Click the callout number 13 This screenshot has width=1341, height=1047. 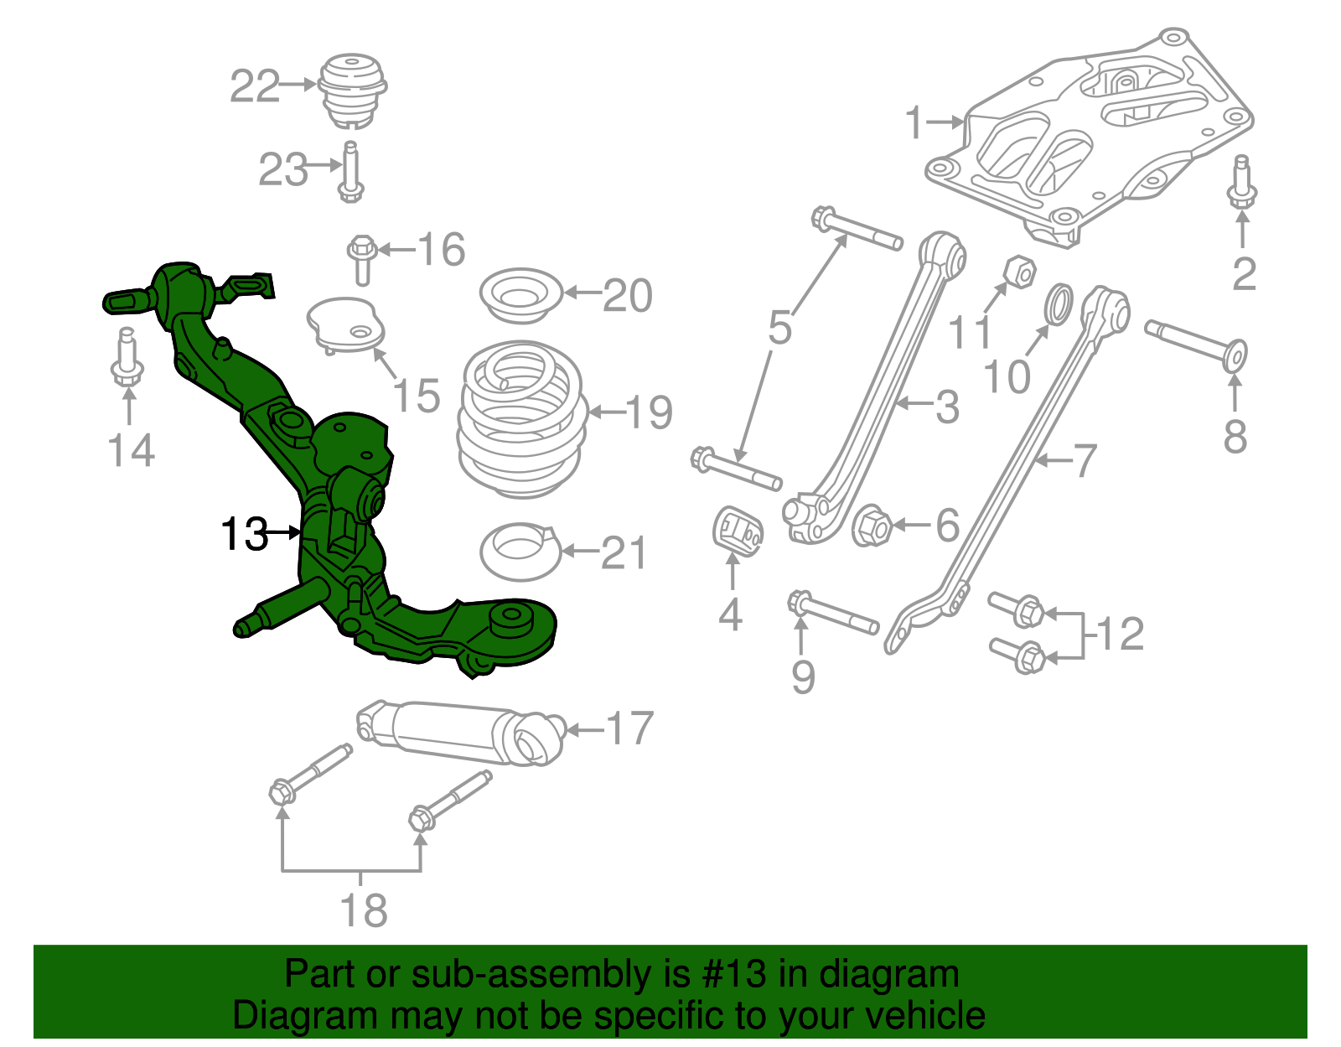coord(243,534)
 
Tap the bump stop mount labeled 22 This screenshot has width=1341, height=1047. coord(353,89)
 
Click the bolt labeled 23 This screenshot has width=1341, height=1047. coord(350,172)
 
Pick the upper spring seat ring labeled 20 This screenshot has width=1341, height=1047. coord(520,294)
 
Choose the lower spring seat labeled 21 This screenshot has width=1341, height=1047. coord(520,552)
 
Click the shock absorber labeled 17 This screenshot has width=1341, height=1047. coord(461,732)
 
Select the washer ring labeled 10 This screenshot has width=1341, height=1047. coord(1059,303)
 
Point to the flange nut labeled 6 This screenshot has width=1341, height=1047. coord(872,526)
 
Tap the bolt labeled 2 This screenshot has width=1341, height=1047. coord(1241,183)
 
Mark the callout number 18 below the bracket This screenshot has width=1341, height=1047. coord(364,910)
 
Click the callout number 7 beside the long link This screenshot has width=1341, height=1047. coord(1084,460)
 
